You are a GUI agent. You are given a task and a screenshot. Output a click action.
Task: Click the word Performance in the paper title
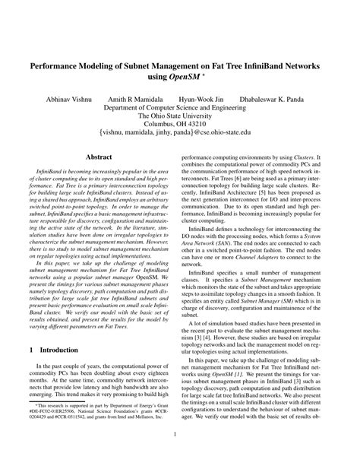pos(61,67)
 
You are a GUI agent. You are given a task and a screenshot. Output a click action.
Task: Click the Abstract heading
pos(99,157)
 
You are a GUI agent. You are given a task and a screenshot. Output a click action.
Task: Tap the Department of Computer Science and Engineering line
pos(180,108)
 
